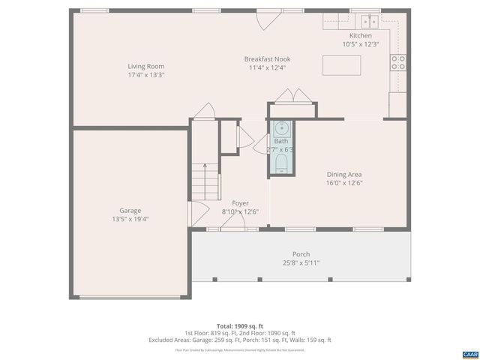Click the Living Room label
coord(145,67)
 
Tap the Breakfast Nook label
coord(267,59)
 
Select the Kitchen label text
coord(361,36)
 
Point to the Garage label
coord(130,211)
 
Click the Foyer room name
coord(240,203)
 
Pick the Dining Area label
coord(344,174)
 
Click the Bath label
coord(280,141)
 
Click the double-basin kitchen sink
coord(369,21)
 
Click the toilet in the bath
coord(281,163)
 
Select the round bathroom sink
coord(280,127)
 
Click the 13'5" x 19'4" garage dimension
coord(130,219)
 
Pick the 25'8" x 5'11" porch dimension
coord(301,262)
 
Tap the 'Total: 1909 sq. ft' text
coord(240,326)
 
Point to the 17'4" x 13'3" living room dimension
coord(145,75)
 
